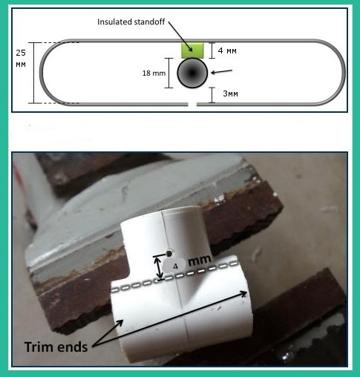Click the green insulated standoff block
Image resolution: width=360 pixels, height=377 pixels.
pyautogui.click(x=192, y=50)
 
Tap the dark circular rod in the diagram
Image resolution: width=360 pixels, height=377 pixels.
pyautogui.click(x=192, y=73)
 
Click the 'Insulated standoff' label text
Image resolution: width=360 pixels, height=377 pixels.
pyautogui.click(x=131, y=22)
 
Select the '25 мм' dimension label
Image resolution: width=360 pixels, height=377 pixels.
pyautogui.click(x=21, y=59)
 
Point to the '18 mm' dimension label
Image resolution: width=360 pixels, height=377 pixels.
pyautogui.click(x=154, y=73)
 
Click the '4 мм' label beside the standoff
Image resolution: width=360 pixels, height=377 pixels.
pyautogui.click(x=227, y=50)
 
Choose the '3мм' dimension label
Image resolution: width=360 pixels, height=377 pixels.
pyautogui.click(x=230, y=94)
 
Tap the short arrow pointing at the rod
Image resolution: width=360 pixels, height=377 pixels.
pyautogui.click(x=222, y=72)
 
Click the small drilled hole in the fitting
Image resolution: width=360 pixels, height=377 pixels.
pyautogui.click(x=169, y=253)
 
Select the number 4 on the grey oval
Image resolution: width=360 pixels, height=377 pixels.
pyautogui.click(x=175, y=266)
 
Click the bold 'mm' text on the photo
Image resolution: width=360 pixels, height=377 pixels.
pyautogui.click(x=200, y=260)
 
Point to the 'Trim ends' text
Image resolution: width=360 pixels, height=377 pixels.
pyautogui.click(x=56, y=347)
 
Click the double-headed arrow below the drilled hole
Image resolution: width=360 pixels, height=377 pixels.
pyautogui.click(x=160, y=267)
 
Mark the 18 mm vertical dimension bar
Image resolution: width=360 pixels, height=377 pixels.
pyautogui.click(x=169, y=73)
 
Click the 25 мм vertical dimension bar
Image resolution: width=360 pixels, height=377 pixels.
pyautogui.click(x=34, y=73)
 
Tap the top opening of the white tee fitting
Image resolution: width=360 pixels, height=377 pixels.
pyautogui.click(x=181, y=209)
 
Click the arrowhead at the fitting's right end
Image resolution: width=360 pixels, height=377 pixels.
pyautogui.click(x=244, y=294)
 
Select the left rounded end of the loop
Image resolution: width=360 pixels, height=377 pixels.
pyautogui.click(x=50, y=73)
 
